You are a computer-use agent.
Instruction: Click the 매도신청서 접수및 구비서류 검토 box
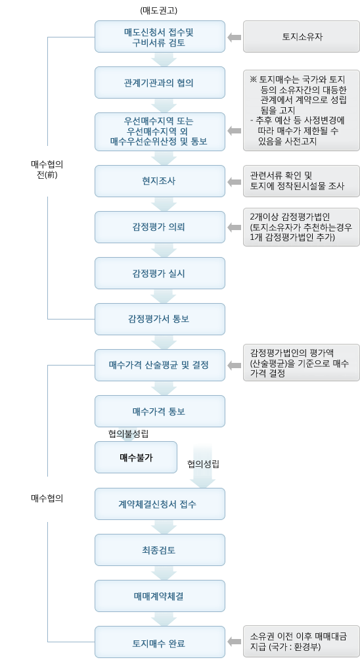[x=160, y=37]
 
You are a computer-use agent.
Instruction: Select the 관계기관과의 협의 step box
[x=160, y=83]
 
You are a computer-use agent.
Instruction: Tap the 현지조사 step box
[x=160, y=181]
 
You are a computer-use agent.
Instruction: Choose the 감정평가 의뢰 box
[x=160, y=227]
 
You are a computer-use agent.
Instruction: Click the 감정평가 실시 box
[x=160, y=273]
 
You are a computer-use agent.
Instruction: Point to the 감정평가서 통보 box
[x=160, y=319]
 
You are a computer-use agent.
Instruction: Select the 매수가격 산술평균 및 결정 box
[x=160, y=364]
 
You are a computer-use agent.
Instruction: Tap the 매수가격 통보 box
[x=160, y=411]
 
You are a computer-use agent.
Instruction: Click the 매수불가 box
[x=136, y=457]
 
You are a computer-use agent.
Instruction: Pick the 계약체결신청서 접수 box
[x=160, y=504]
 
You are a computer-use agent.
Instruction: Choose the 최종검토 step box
[x=160, y=550]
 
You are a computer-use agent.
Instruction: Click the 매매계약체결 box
[x=160, y=596]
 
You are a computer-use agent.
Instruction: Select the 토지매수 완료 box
[x=160, y=643]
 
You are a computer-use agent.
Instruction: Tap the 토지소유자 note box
[x=302, y=37]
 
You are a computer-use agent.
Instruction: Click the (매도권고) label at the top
[x=160, y=11]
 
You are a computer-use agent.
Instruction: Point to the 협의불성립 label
[x=129, y=433]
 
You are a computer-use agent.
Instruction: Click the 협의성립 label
[x=203, y=463]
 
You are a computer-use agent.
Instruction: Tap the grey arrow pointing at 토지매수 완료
[x=234, y=642]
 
